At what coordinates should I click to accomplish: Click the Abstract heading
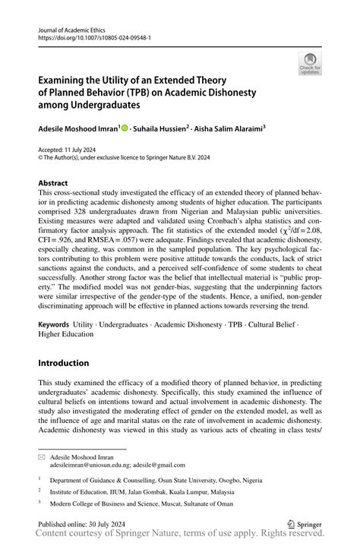52,183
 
